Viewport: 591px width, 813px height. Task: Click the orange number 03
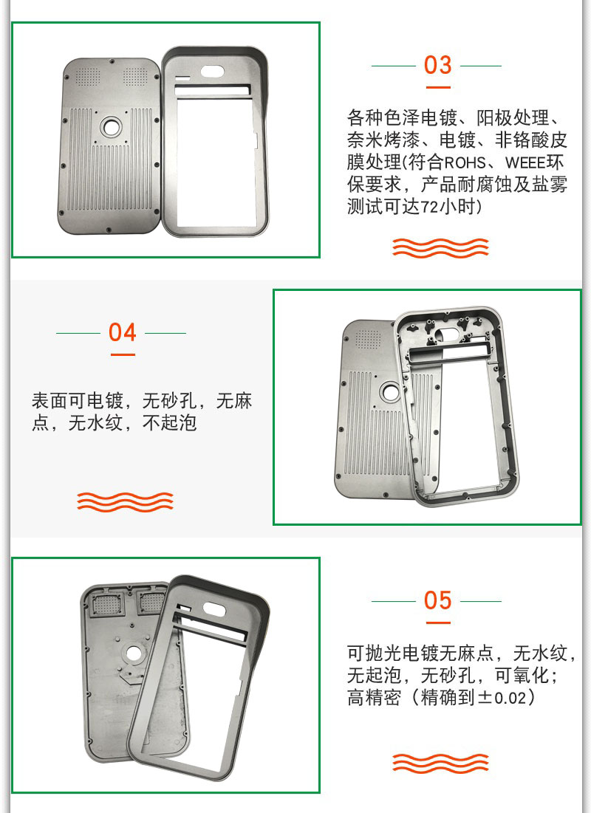tap(437, 65)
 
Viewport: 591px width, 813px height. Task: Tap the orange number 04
tap(123, 332)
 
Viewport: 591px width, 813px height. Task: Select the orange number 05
tap(437, 600)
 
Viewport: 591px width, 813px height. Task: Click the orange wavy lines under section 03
tap(440, 248)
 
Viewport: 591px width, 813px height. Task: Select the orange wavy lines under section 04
tap(125, 502)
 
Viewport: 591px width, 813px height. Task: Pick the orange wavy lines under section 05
tap(440, 763)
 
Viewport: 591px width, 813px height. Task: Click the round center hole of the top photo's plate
tap(111, 126)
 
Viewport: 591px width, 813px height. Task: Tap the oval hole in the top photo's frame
tap(212, 71)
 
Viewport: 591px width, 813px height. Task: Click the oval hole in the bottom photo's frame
tap(213, 608)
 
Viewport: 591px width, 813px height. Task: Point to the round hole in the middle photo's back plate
tap(389, 391)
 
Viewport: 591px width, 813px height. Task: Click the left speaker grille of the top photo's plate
tap(88, 77)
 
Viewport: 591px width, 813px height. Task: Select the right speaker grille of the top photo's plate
tap(134, 77)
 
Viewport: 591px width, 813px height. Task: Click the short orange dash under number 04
tap(123, 354)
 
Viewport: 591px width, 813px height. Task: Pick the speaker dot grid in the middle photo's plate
tap(368, 340)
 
